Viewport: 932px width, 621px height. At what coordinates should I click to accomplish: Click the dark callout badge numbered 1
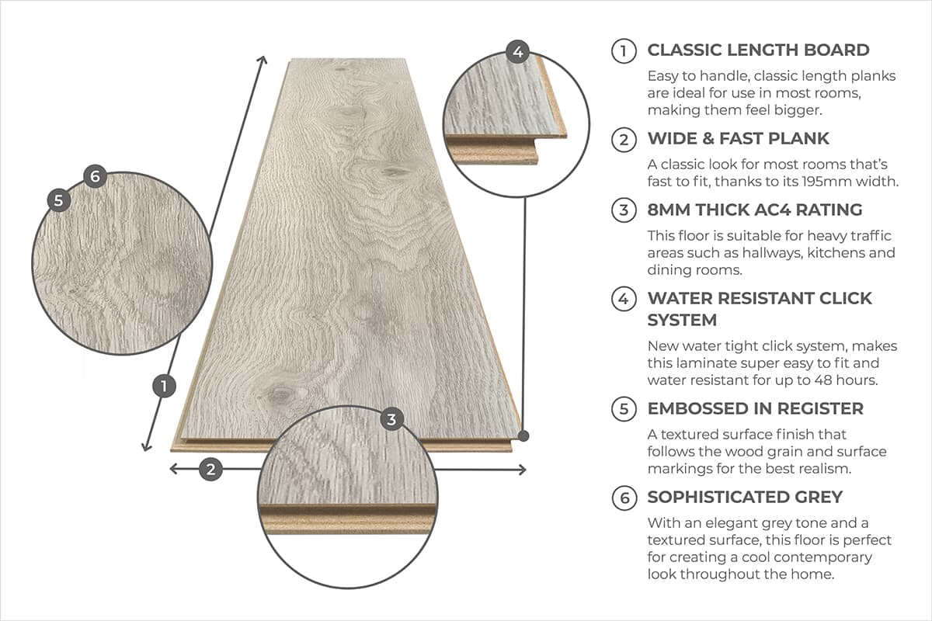[x=163, y=386]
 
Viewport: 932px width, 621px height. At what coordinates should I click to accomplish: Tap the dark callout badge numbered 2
[x=210, y=469]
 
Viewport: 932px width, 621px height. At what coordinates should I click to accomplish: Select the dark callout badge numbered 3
[x=391, y=420]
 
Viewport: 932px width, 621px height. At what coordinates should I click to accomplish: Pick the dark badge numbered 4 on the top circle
[x=518, y=53]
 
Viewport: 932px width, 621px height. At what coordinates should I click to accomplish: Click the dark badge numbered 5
[x=59, y=199]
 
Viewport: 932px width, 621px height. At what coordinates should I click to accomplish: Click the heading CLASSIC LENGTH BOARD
[x=758, y=50]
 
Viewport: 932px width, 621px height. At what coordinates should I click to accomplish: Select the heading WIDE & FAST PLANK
[x=738, y=139]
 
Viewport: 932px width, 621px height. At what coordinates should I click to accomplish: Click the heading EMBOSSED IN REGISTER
[x=755, y=408]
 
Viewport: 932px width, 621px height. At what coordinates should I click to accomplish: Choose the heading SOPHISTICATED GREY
[x=745, y=497]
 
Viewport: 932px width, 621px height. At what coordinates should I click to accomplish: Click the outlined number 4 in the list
[x=624, y=299]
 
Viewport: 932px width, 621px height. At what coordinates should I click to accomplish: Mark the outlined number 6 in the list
[x=624, y=498]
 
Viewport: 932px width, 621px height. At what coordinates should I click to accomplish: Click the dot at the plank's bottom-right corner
[x=524, y=435]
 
